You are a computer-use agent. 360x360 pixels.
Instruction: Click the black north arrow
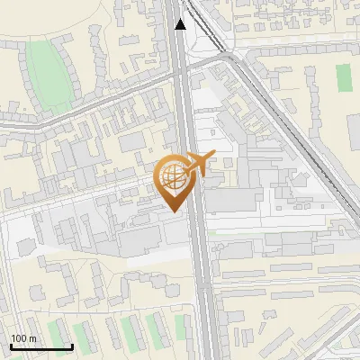pyautogui.click(x=181, y=24)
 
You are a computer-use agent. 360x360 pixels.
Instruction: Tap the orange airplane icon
pyautogui.click(x=197, y=165)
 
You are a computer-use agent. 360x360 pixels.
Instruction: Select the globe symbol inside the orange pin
pyautogui.click(x=173, y=176)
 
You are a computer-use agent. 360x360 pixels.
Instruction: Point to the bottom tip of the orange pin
pyautogui.click(x=173, y=212)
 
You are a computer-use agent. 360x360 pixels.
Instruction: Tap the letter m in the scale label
pyautogui.click(x=32, y=338)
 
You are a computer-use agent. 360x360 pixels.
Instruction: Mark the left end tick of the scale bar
pyautogui.click(x=11, y=346)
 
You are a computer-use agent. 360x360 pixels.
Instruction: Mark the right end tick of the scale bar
pyautogui.click(x=72, y=346)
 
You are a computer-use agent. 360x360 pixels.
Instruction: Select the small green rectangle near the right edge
pyautogui.click(x=343, y=77)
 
